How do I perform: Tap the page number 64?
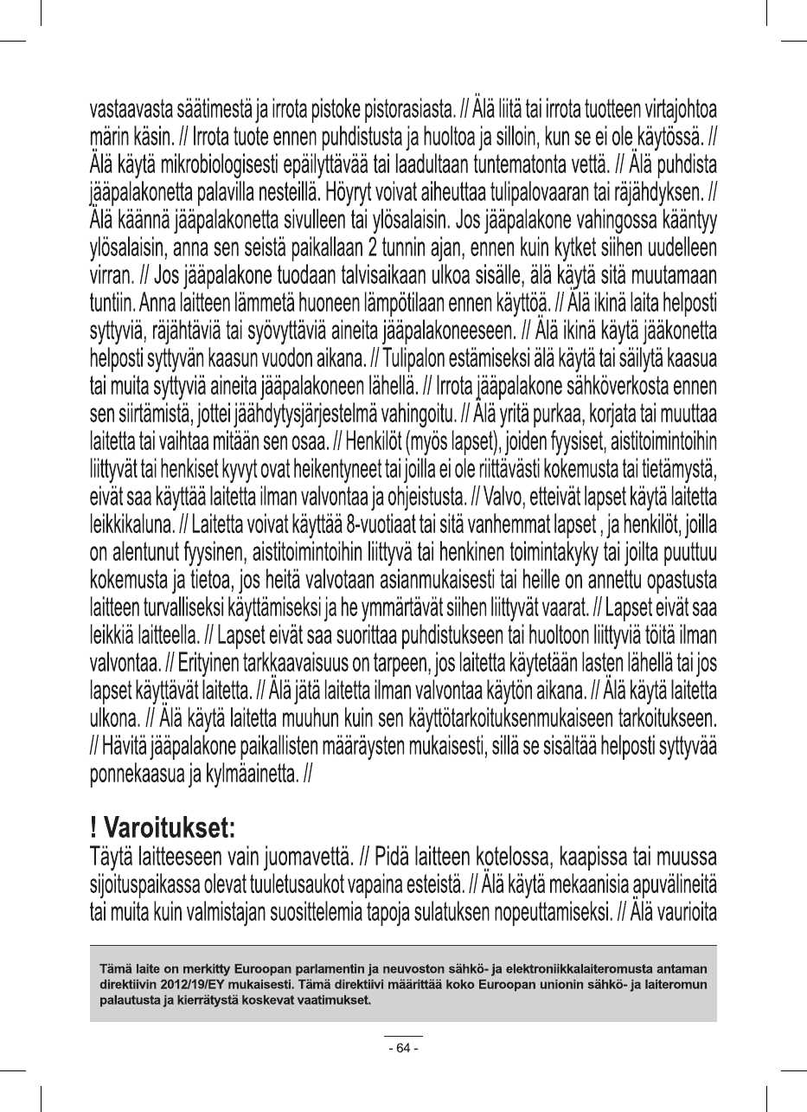coord(403,1048)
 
